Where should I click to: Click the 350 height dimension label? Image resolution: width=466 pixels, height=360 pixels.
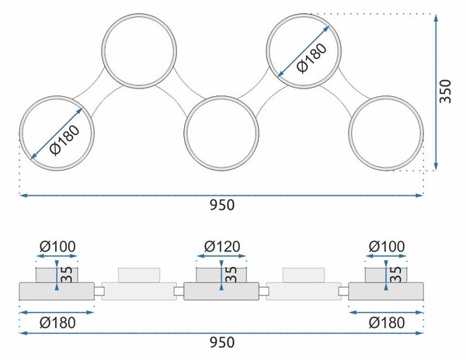click(x=445, y=92)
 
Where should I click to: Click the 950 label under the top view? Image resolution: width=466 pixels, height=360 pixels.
click(x=222, y=205)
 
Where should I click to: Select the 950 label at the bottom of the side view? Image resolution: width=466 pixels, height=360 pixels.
click(x=222, y=342)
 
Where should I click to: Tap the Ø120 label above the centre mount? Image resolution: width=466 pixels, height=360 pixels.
click(x=222, y=246)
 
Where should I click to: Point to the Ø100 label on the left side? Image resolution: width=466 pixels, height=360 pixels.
click(x=57, y=246)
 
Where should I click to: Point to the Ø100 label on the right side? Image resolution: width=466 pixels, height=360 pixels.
click(x=387, y=246)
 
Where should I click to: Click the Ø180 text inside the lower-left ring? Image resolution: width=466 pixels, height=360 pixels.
click(x=65, y=140)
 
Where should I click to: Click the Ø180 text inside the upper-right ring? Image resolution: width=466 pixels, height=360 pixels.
click(x=311, y=58)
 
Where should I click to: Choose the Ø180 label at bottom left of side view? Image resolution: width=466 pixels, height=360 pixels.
click(x=57, y=323)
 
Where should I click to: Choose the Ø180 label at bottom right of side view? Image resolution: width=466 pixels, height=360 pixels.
click(x=387, y=323)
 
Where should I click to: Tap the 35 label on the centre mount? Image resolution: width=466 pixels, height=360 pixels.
click(x=231, y=275)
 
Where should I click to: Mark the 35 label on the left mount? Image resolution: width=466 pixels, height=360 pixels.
click(x=67, y=275)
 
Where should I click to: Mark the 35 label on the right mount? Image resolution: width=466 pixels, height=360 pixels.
click(x=395, y=275)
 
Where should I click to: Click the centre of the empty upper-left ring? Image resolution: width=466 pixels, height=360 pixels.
click(x=139, y=51)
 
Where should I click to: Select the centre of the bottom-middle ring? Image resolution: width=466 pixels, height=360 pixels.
click(x=221, y=133)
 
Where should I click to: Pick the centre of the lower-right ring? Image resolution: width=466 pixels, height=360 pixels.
click(x=386, y=133)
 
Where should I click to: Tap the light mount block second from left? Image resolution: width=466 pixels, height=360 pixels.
click(x=139, y=275)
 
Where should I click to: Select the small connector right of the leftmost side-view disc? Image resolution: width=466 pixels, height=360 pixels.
click(x=99, y=292)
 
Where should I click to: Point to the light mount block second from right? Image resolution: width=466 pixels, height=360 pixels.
click(x=304, y=275)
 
